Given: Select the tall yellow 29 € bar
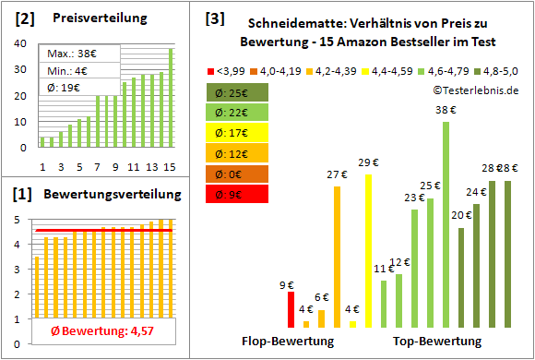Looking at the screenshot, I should point(369,249).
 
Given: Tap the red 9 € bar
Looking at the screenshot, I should point(291,309).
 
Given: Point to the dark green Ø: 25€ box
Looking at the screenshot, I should point(238,92).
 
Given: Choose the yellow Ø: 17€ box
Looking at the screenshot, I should point(238,132).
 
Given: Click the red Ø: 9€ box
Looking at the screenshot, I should point(238,193).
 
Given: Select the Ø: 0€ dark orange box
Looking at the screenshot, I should point(238,173).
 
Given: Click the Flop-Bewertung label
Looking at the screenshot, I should point(288,341).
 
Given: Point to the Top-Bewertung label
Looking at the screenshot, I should point(437,341).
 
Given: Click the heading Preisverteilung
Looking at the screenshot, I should point(96,18).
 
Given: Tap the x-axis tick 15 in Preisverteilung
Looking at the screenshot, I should point(170,166).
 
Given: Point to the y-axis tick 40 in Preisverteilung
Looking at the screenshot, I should point(21,42).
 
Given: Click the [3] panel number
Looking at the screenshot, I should point(214,18).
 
